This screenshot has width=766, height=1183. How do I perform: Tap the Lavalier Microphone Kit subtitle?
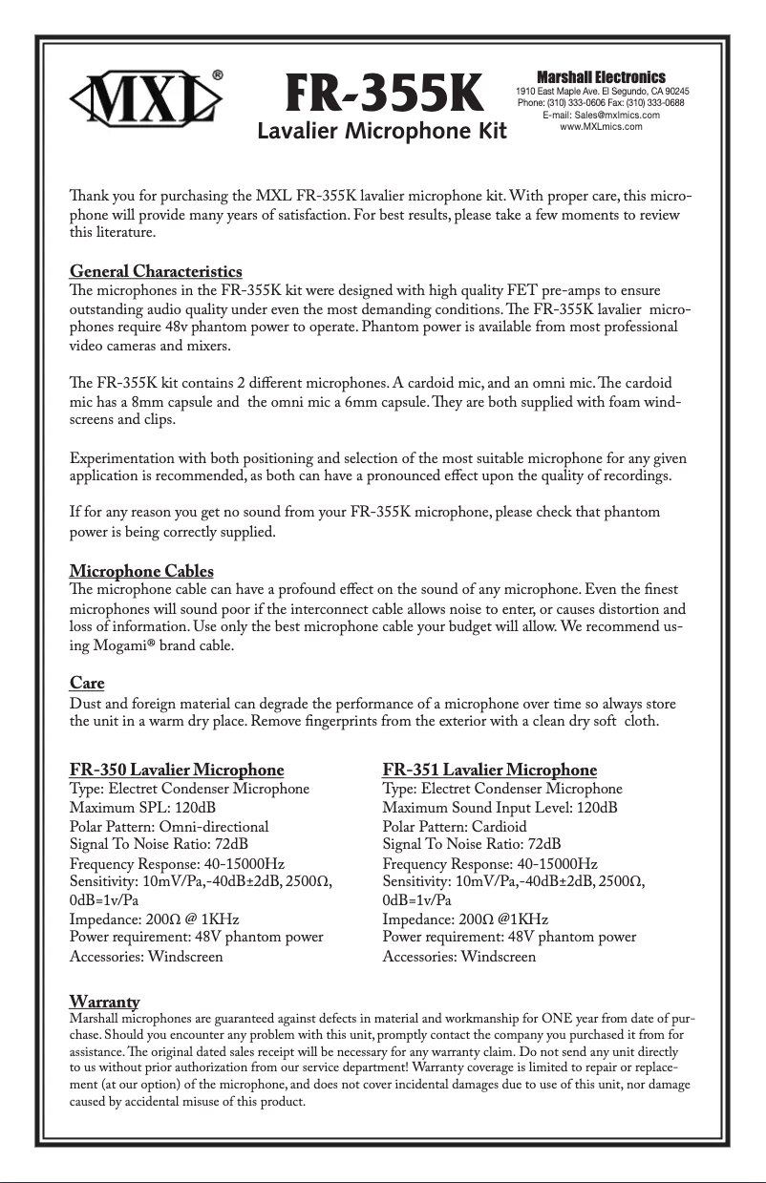382,131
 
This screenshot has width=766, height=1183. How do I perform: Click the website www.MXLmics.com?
601,126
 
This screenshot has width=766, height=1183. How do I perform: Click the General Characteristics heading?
156,272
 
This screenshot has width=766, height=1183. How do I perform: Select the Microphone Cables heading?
141,572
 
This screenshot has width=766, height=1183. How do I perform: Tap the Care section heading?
87,683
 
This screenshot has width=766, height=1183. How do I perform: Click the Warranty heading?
105,1001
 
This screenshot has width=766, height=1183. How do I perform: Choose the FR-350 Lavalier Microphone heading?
177,770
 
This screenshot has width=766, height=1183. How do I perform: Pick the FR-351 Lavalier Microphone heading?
489,770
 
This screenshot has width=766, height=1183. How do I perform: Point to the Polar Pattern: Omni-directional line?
169,826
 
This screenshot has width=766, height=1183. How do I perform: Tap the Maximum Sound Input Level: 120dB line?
499,808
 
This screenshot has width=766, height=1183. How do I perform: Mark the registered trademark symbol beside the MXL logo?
218,74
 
